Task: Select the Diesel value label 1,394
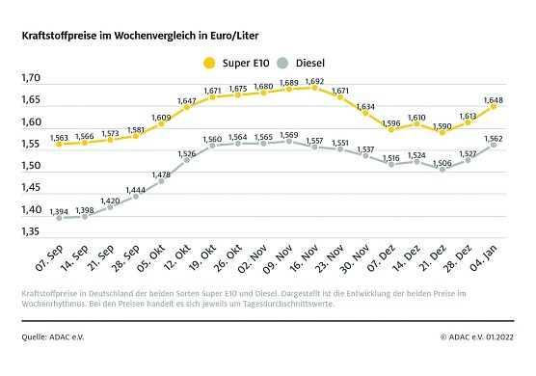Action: pos(59,211)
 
